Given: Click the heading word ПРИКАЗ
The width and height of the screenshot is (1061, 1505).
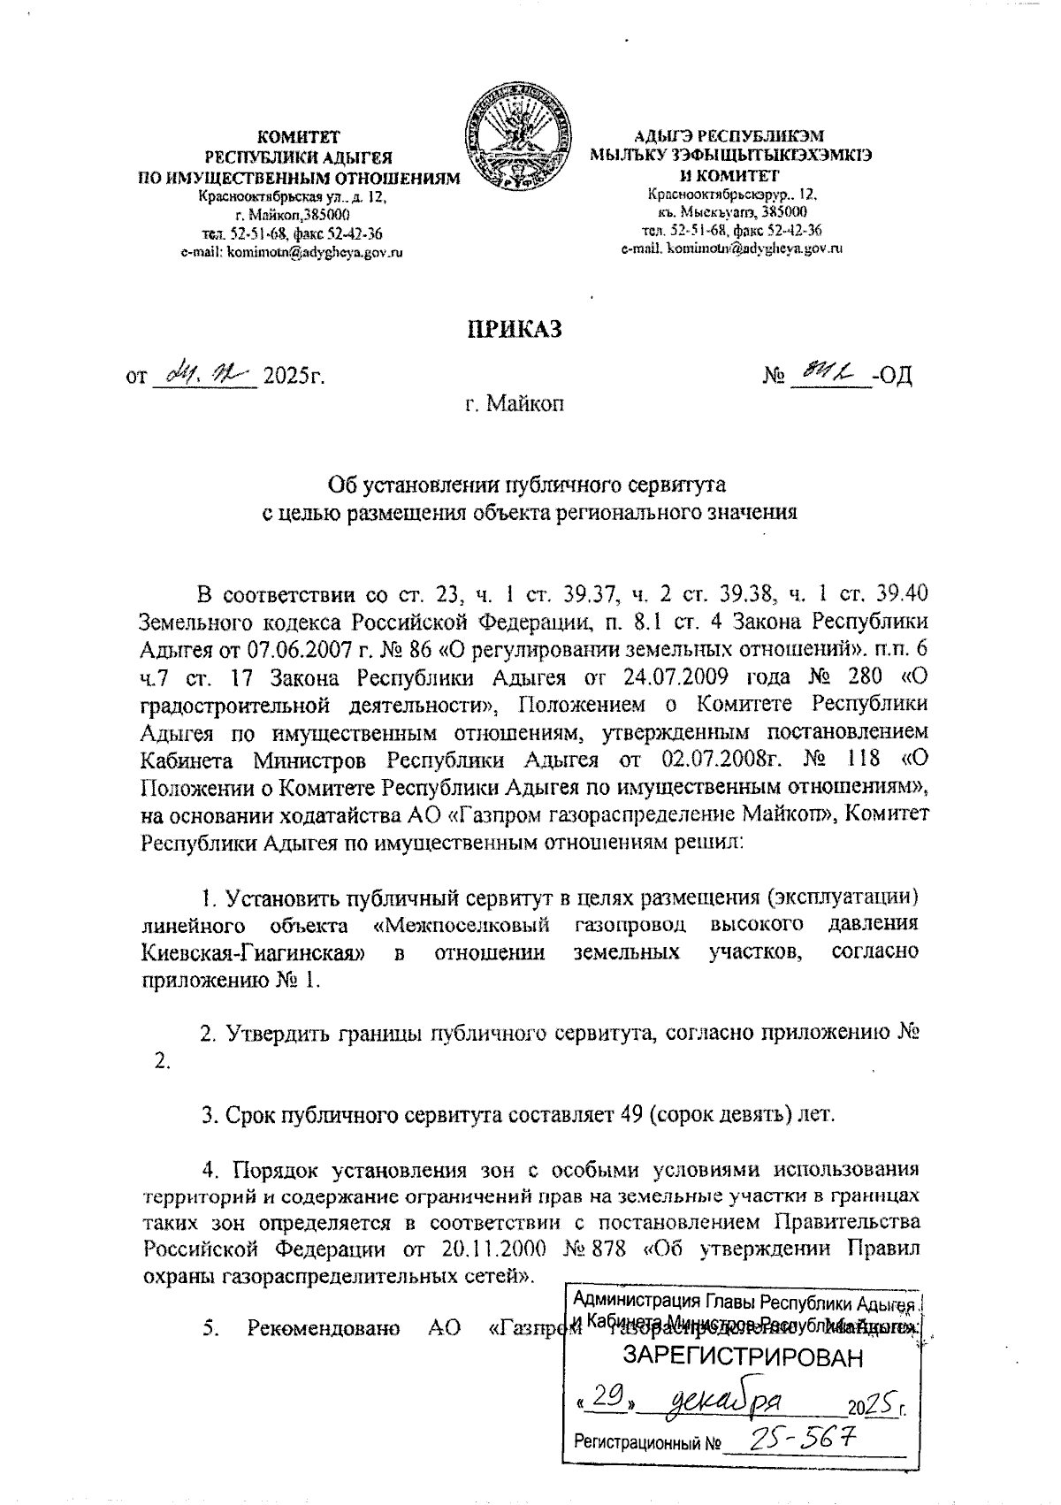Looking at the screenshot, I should click(515, 330).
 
